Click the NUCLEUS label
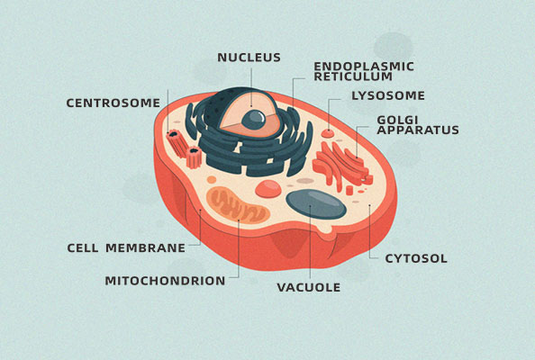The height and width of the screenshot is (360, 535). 249,58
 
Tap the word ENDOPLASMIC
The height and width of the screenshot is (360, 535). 364,67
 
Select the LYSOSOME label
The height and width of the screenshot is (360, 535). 388,95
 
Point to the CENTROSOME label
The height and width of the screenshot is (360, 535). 113,103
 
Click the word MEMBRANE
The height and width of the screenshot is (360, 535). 145,247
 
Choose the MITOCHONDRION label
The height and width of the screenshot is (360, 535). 165,281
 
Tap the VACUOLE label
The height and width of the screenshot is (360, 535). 308,287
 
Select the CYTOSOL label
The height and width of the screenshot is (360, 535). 416,259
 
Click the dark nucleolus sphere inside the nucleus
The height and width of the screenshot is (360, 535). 253,120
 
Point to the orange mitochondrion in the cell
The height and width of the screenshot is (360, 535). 238,205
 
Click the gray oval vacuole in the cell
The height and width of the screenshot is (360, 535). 316,204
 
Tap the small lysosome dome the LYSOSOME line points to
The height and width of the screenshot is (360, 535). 328,133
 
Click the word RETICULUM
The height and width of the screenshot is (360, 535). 353,76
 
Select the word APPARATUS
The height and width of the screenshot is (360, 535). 418,130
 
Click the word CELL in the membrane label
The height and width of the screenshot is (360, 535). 82,247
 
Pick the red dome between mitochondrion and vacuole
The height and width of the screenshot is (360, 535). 268,189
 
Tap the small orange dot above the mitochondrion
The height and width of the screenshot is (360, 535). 212,179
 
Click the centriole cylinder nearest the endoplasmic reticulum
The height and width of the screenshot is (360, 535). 194,157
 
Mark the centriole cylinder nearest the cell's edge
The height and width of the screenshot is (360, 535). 177,142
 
